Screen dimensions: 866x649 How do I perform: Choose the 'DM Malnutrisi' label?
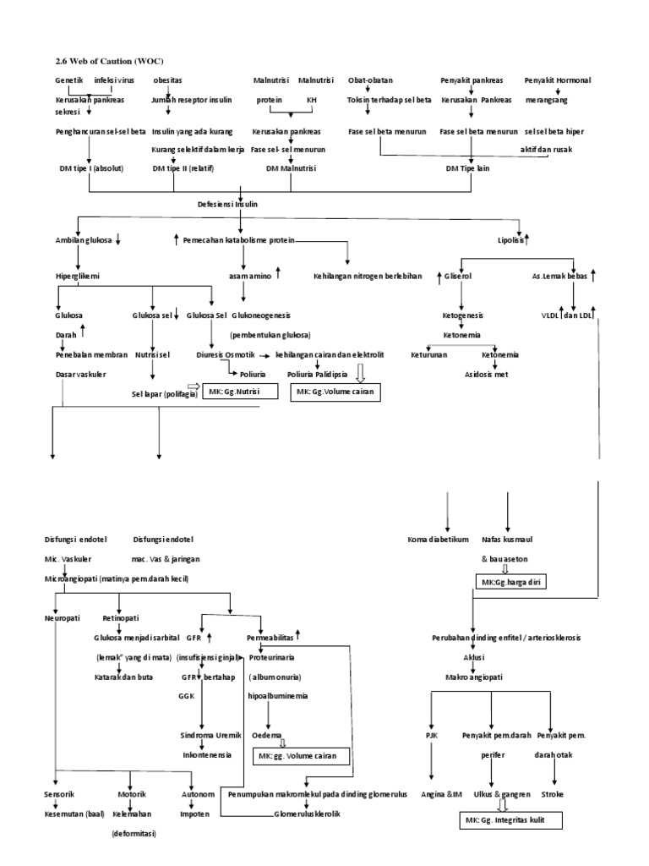coord(289,168)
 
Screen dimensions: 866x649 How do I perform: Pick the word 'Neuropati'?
coord(63,619)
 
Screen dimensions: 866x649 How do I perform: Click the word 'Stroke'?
coord(554,794)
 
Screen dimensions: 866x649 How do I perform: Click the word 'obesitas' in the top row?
coord(167,80)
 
